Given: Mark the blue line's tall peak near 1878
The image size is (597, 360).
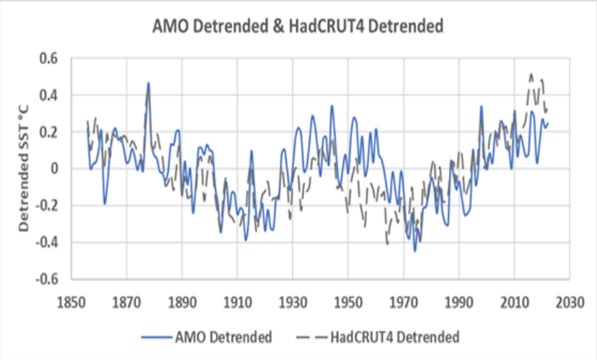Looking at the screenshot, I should click(148, 83).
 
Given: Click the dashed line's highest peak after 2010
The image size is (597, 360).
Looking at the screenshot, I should click(531, 74).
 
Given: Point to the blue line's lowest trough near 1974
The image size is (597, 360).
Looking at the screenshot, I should click(415, 250).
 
